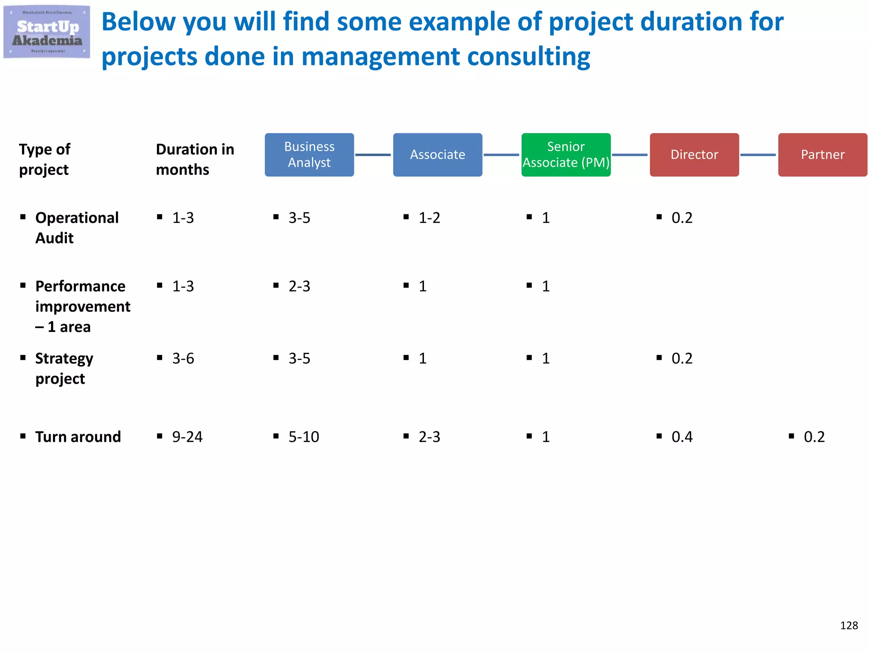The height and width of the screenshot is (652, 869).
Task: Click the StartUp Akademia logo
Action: [x=47, y=32]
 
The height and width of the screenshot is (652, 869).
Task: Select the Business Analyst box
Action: [x=309, y=155]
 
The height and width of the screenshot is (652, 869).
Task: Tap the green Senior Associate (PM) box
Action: [x=566, y=155]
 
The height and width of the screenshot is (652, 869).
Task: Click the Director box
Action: [x=694, y=155]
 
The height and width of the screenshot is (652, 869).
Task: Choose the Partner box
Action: [x=822, y=155]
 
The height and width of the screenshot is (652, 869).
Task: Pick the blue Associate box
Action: [x=437, y=155]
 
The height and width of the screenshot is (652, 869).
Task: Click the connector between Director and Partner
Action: [x=758, y=155]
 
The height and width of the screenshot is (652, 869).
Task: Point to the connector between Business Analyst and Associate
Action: [x=373, y=155]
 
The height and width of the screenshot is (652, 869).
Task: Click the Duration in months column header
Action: [x=195, y=159]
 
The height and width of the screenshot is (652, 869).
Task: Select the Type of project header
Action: [x=45, y=159]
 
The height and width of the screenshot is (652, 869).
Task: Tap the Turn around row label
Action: [x=78, y=437]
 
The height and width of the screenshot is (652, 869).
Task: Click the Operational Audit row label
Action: [x=76, y=228]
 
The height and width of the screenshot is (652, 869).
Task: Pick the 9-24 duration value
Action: [x=187, y=437]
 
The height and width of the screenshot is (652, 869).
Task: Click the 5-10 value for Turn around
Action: [x=304, y=437]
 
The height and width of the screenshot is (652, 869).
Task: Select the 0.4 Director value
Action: [x=682, y=437]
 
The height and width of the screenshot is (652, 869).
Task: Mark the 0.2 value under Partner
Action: [x=814, y=437]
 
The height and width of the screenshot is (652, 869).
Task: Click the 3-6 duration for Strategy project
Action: [x=183, y=358]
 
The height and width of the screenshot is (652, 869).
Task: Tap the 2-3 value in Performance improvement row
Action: [x=299, y=286]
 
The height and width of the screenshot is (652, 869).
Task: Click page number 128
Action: [x=849, y=625]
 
